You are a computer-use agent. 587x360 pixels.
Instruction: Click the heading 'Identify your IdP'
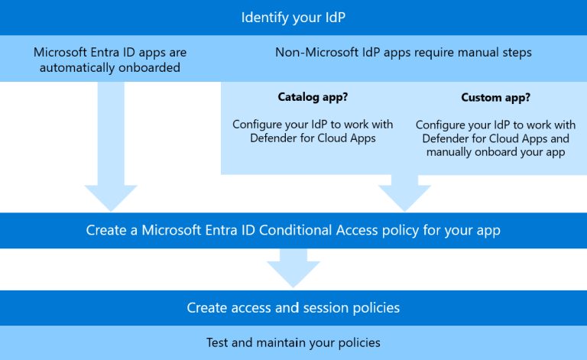click(x=293, y=17)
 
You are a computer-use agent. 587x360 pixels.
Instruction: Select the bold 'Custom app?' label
click(x=495, y=98)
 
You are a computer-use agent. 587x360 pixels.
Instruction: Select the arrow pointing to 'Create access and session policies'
click(x=293, y=271)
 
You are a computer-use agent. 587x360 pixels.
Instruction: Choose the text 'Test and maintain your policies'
click(x=293, y=342)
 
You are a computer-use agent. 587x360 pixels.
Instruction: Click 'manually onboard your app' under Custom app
click(x=496, y=151)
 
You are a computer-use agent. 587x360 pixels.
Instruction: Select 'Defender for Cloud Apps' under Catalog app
click(x=313, y=138)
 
